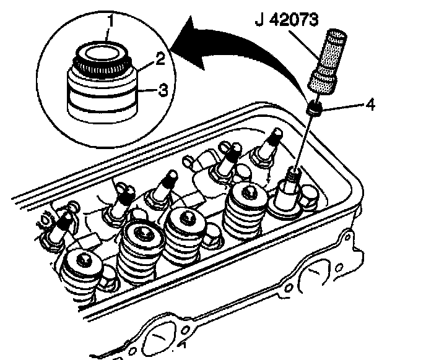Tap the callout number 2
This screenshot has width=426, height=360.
[160, 60]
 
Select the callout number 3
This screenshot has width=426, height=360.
[162, 90]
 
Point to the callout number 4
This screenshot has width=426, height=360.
[370, 105]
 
